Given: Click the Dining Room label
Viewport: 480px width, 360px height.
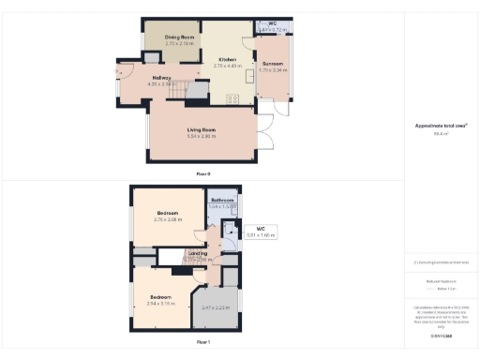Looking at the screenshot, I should click(180, 37).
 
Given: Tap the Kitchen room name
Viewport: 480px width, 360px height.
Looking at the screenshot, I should click(227, 59).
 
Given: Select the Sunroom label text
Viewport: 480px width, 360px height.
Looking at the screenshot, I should click(273, 64).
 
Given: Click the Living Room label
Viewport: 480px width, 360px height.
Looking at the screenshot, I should click(202, 129).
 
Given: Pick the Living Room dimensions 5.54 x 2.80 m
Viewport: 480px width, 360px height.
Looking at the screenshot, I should click(202, 136).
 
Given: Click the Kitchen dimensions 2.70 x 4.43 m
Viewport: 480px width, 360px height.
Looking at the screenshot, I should click(227, 66).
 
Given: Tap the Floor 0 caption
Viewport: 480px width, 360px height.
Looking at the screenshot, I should click(202, 174).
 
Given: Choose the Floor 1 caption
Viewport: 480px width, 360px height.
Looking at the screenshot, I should click(202, 344).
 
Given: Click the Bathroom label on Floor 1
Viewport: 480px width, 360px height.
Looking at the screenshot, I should click(221, 201).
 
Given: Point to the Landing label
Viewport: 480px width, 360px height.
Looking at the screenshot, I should click(197, 252).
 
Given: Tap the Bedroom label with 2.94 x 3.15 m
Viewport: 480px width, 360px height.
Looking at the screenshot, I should click(160, 297).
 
